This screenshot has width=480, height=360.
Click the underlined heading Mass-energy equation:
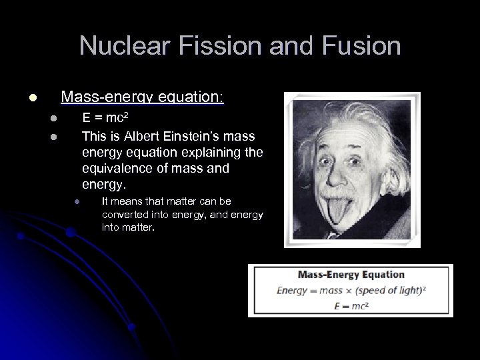point(143,98)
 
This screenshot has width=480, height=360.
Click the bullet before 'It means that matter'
point(77,202)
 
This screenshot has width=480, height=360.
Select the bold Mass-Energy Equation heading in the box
point(351,274)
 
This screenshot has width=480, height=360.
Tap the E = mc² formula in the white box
point(351,305)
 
